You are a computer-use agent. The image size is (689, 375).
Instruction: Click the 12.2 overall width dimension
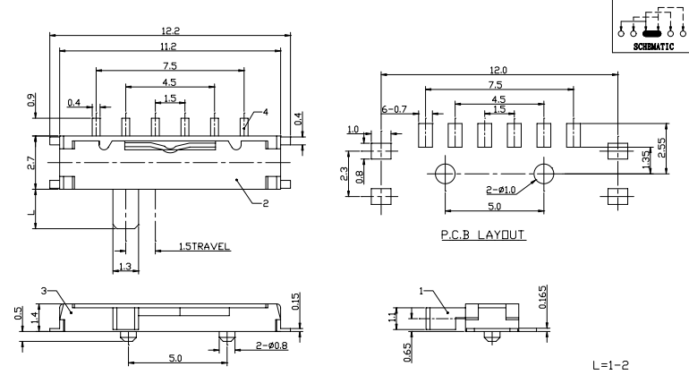[170, 30]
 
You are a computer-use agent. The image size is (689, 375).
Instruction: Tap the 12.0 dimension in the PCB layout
[498, 70]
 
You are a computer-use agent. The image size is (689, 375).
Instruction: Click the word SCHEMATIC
[653, 47]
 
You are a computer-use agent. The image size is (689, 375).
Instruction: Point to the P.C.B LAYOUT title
[483, 234]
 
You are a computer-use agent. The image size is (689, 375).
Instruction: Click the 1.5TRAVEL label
[204, 246]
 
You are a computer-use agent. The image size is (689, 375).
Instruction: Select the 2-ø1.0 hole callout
[500, 190]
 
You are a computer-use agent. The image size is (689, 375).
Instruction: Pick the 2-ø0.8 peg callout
[272, 345]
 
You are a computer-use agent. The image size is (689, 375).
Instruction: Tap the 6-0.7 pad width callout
[394, 109]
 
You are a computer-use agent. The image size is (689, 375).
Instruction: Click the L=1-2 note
[610, 365]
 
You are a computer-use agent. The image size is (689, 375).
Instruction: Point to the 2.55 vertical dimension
[661, 148]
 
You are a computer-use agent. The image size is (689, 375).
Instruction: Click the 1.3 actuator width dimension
[125, 266]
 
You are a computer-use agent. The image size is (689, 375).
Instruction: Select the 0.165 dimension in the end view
[542, 297]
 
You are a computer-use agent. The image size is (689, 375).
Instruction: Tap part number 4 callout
[266, 112]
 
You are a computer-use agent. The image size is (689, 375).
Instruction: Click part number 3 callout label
[44, 291]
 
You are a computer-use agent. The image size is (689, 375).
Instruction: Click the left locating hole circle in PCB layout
[445, 174]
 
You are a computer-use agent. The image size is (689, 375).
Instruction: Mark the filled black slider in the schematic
[651, 33]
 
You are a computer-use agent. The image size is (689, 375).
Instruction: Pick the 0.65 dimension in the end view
[407, 353]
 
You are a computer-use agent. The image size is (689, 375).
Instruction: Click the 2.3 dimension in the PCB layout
[344, 174]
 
